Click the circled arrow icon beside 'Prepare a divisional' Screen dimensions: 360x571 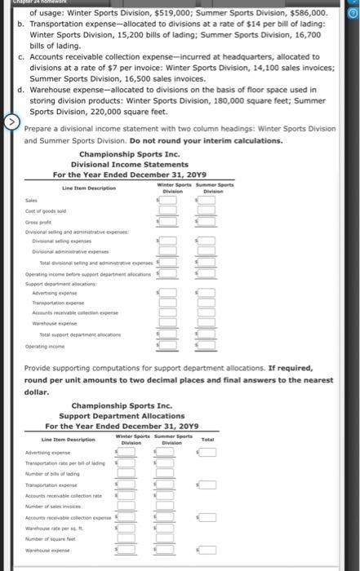point(11,123)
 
